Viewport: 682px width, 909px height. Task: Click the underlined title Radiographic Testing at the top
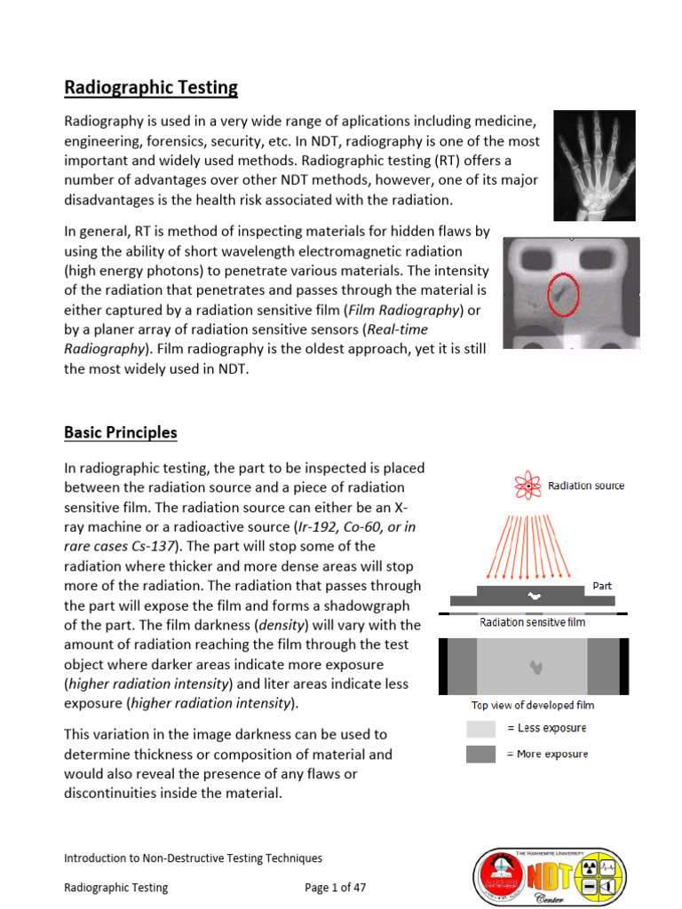(151, 88)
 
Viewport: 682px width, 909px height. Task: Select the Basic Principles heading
(121, 433)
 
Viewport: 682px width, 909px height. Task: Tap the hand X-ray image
(594, 165)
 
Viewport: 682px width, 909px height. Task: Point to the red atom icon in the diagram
(527, 486)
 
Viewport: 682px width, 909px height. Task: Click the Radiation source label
(585, 486)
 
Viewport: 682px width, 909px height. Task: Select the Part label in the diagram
(603, 586)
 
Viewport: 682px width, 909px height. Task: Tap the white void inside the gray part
(534, 596)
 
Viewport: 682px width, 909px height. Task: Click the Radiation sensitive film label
(532, 622)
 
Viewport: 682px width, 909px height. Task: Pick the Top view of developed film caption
(532, 705)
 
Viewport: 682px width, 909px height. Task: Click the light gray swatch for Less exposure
(480, 729)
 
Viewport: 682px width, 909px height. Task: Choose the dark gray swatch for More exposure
(480, 755)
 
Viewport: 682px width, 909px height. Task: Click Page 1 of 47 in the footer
(335, 887)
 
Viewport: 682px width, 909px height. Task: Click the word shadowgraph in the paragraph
(367, 605)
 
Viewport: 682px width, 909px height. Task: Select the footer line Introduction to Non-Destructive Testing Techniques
(193, 858)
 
